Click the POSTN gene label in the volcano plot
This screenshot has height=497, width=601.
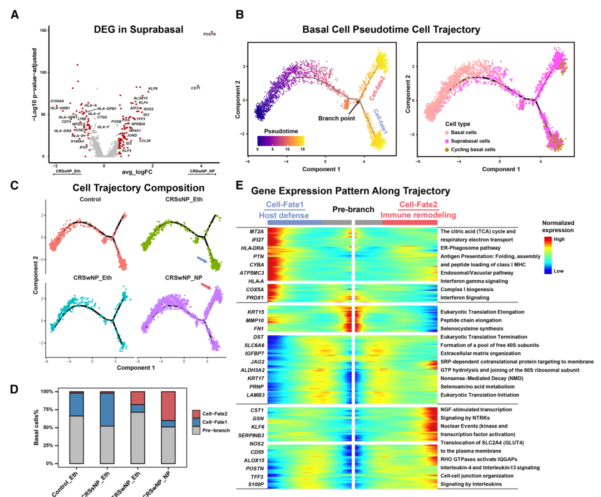209,34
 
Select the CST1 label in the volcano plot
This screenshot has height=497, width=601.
195,88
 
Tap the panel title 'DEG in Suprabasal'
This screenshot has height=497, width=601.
139,29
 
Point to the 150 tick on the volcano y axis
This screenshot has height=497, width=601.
42,30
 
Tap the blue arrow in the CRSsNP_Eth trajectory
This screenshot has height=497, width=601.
203,259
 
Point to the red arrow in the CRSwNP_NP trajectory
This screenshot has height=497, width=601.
206,286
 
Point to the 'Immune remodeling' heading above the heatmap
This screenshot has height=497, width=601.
418,215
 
